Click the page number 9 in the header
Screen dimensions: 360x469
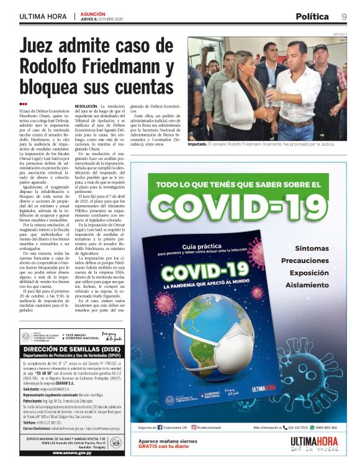coord(343,16)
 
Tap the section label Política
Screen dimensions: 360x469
coord(312,16)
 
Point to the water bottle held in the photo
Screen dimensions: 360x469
coord(271,96)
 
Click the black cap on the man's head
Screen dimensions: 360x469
coord(320,48)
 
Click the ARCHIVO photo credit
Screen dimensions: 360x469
coord(340,33)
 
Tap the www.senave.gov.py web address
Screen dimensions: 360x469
coord(70,453)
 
